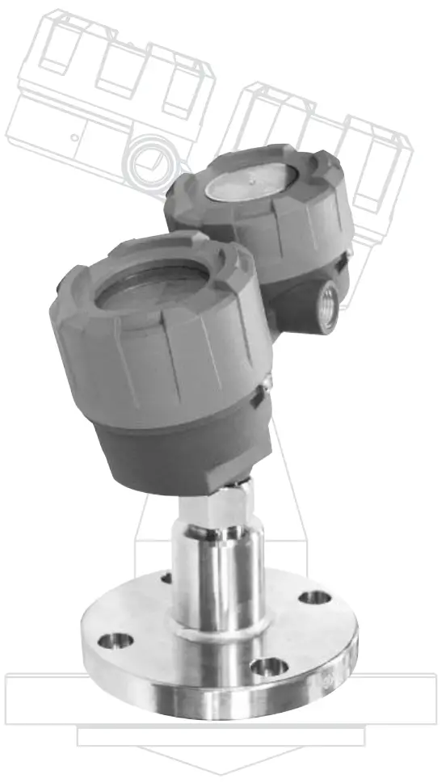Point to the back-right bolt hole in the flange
[314, 597]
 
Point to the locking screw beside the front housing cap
[256, 395]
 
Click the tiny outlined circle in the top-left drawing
[74, 137]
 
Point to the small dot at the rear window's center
[250, 183]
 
